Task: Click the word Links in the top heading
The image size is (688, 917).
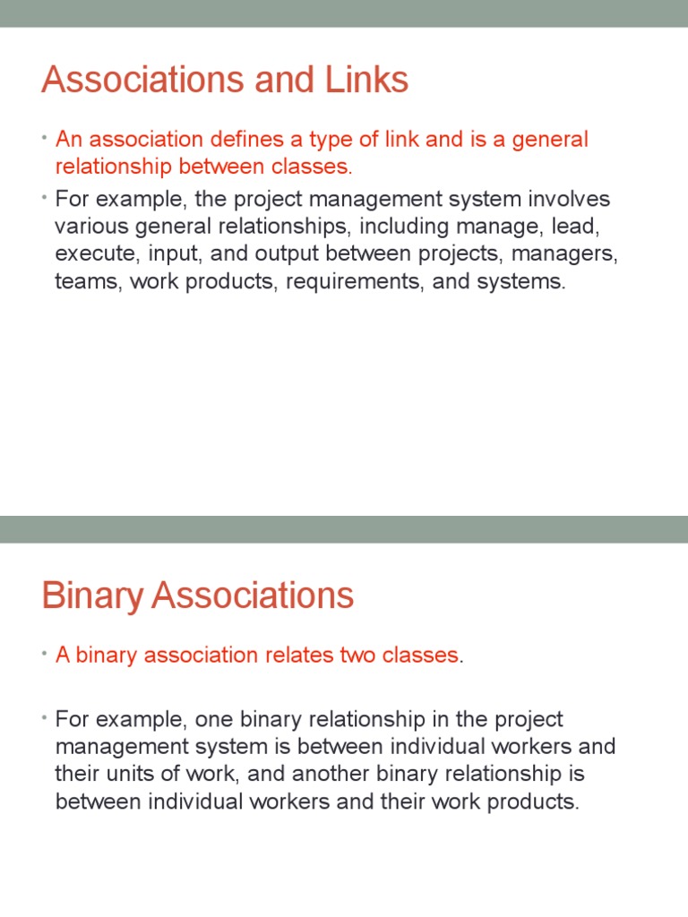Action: pyautogui.click(x=368, y=81)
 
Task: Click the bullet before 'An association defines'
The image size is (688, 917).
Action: pyautogui.click(x=45, y=138)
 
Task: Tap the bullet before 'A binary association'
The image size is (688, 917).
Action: pyautogui.click(x=45, y=654)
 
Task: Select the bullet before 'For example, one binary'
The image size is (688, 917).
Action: pyautogui.click(x=45, y=718)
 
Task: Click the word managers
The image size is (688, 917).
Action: pyautogui.click(x=570, y=253)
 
